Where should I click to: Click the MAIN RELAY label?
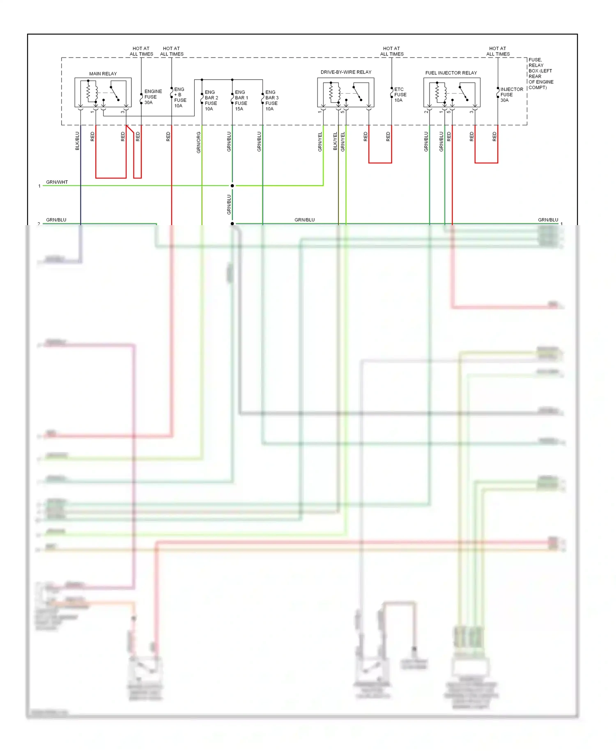(103, 74)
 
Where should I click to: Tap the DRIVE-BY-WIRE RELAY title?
(346, 72)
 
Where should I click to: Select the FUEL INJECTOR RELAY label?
(451, 73)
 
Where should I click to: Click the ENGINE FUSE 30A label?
(153, 97)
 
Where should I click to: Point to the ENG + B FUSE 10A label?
(180, 97)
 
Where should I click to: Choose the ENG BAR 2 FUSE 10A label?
(211, 101)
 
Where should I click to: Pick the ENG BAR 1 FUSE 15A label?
(241, 101)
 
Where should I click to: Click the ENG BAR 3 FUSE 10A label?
(271, 101)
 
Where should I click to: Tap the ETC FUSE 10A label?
(400, 95)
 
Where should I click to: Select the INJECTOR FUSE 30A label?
(511, 95)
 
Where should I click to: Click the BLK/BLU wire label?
(77, 141)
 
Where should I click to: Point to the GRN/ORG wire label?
(199, 143)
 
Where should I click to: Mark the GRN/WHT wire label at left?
(57, 182)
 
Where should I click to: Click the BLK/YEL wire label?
(335, 141)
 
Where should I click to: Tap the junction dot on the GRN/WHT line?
(232, 186)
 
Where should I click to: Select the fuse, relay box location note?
(540, 74)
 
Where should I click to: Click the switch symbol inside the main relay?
(115, 93)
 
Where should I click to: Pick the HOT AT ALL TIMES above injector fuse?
(498, 51)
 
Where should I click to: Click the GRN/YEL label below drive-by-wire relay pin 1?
(320, 142)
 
